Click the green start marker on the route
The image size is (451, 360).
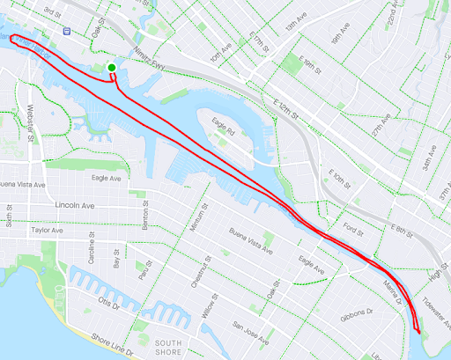click(112, 68)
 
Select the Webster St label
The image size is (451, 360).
click(31, 124)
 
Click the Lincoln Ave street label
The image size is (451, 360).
click(74, 205)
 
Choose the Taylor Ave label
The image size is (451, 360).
click(48, 230)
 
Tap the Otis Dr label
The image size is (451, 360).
click(109, 302)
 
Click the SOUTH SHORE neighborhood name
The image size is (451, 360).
click(167, 348)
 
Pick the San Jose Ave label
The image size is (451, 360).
click(252, 327)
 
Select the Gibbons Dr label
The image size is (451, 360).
click(361, 312)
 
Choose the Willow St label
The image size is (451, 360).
click(208, 309)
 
